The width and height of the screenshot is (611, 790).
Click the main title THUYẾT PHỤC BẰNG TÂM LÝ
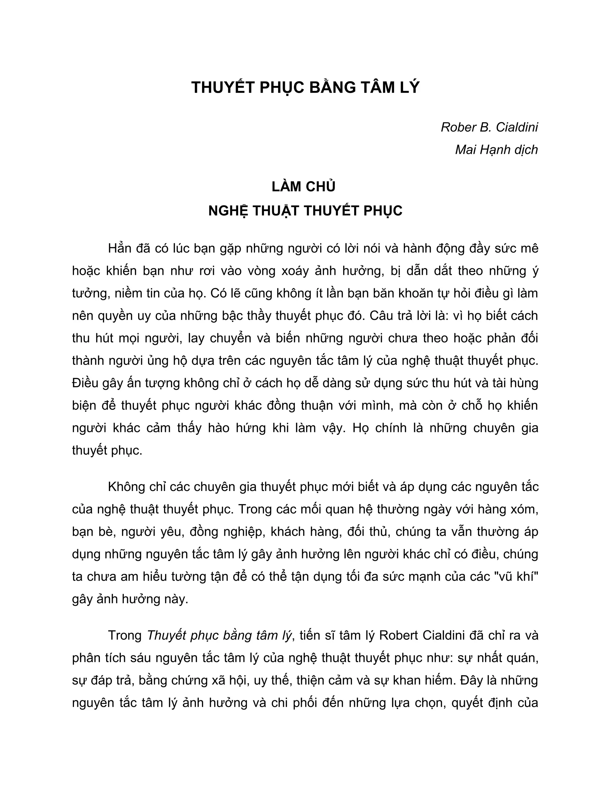coord(305,88)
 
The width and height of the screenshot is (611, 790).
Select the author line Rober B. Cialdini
coord(489,127)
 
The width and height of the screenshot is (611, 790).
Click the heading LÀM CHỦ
coord(304,187)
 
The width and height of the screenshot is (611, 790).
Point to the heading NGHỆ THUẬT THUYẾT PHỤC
coord(305,210)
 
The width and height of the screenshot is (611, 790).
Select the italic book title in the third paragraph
coord(219,636)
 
